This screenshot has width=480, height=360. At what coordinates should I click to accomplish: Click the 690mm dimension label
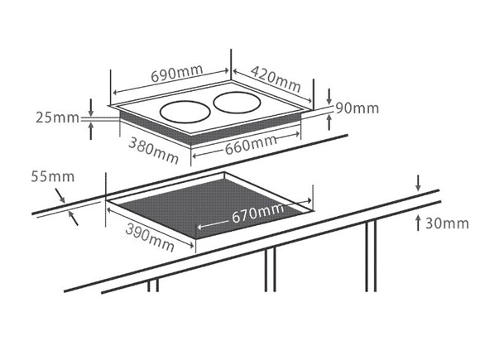(x=177, y=74)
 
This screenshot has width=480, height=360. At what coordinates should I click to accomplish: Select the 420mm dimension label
(x=276, y=79)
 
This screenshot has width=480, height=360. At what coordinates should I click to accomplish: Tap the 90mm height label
(x=358, y=108)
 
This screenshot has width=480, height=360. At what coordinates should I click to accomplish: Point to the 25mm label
(x=57, y=118)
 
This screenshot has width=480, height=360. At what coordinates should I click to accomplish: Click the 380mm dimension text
(x=153, y=151)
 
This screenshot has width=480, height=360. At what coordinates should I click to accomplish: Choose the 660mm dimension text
(x=251, y=145)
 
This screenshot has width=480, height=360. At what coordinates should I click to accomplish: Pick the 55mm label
(x=53, y=176)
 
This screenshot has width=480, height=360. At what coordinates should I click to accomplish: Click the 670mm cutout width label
(x=257, y=213)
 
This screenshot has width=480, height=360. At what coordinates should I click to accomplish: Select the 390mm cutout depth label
(x=150, y=238)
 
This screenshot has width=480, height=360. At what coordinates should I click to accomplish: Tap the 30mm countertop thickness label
(x=447, y=223)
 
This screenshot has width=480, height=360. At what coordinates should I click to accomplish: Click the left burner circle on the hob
(x=185, y=112)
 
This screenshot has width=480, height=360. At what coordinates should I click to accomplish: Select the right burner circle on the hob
(x=237, y=103)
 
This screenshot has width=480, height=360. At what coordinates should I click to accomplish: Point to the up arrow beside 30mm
(x=418, y=223)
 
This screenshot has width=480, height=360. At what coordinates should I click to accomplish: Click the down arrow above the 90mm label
(x=329, y=97)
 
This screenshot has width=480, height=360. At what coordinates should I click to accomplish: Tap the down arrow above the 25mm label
(x=90, y=108)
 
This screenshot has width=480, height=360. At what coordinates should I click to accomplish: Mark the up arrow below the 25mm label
(x=90, y=131)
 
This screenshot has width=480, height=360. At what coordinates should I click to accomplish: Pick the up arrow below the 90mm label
(x=329, y=122)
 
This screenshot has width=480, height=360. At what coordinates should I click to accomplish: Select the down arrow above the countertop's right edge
(x=418, y=183)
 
